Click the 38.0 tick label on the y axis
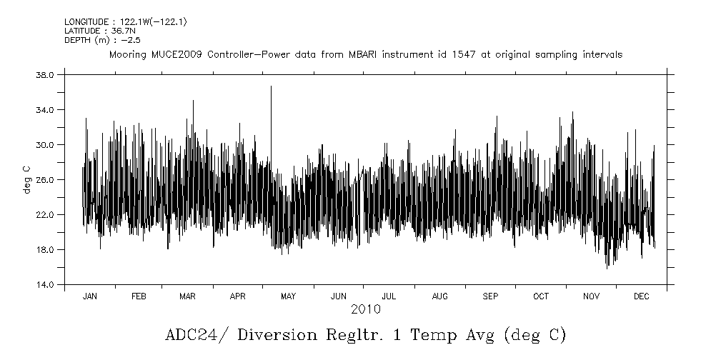pos(45,75)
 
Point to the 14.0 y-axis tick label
pos(45,285)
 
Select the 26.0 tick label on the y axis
pos(45,180)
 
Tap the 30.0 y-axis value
pos(45,145)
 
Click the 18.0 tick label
pos(45,250)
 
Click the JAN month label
pos(89,296)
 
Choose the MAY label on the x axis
pos(288,296)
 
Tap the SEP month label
pos(490,296)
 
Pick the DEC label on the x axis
pos(641,296)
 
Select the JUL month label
pos(389,296)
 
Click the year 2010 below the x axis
pos(365,309)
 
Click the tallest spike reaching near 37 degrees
pos(271,87)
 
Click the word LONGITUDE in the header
pos(86,22)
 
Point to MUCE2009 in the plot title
pos(176,54)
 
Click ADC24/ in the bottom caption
pos(192,335)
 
